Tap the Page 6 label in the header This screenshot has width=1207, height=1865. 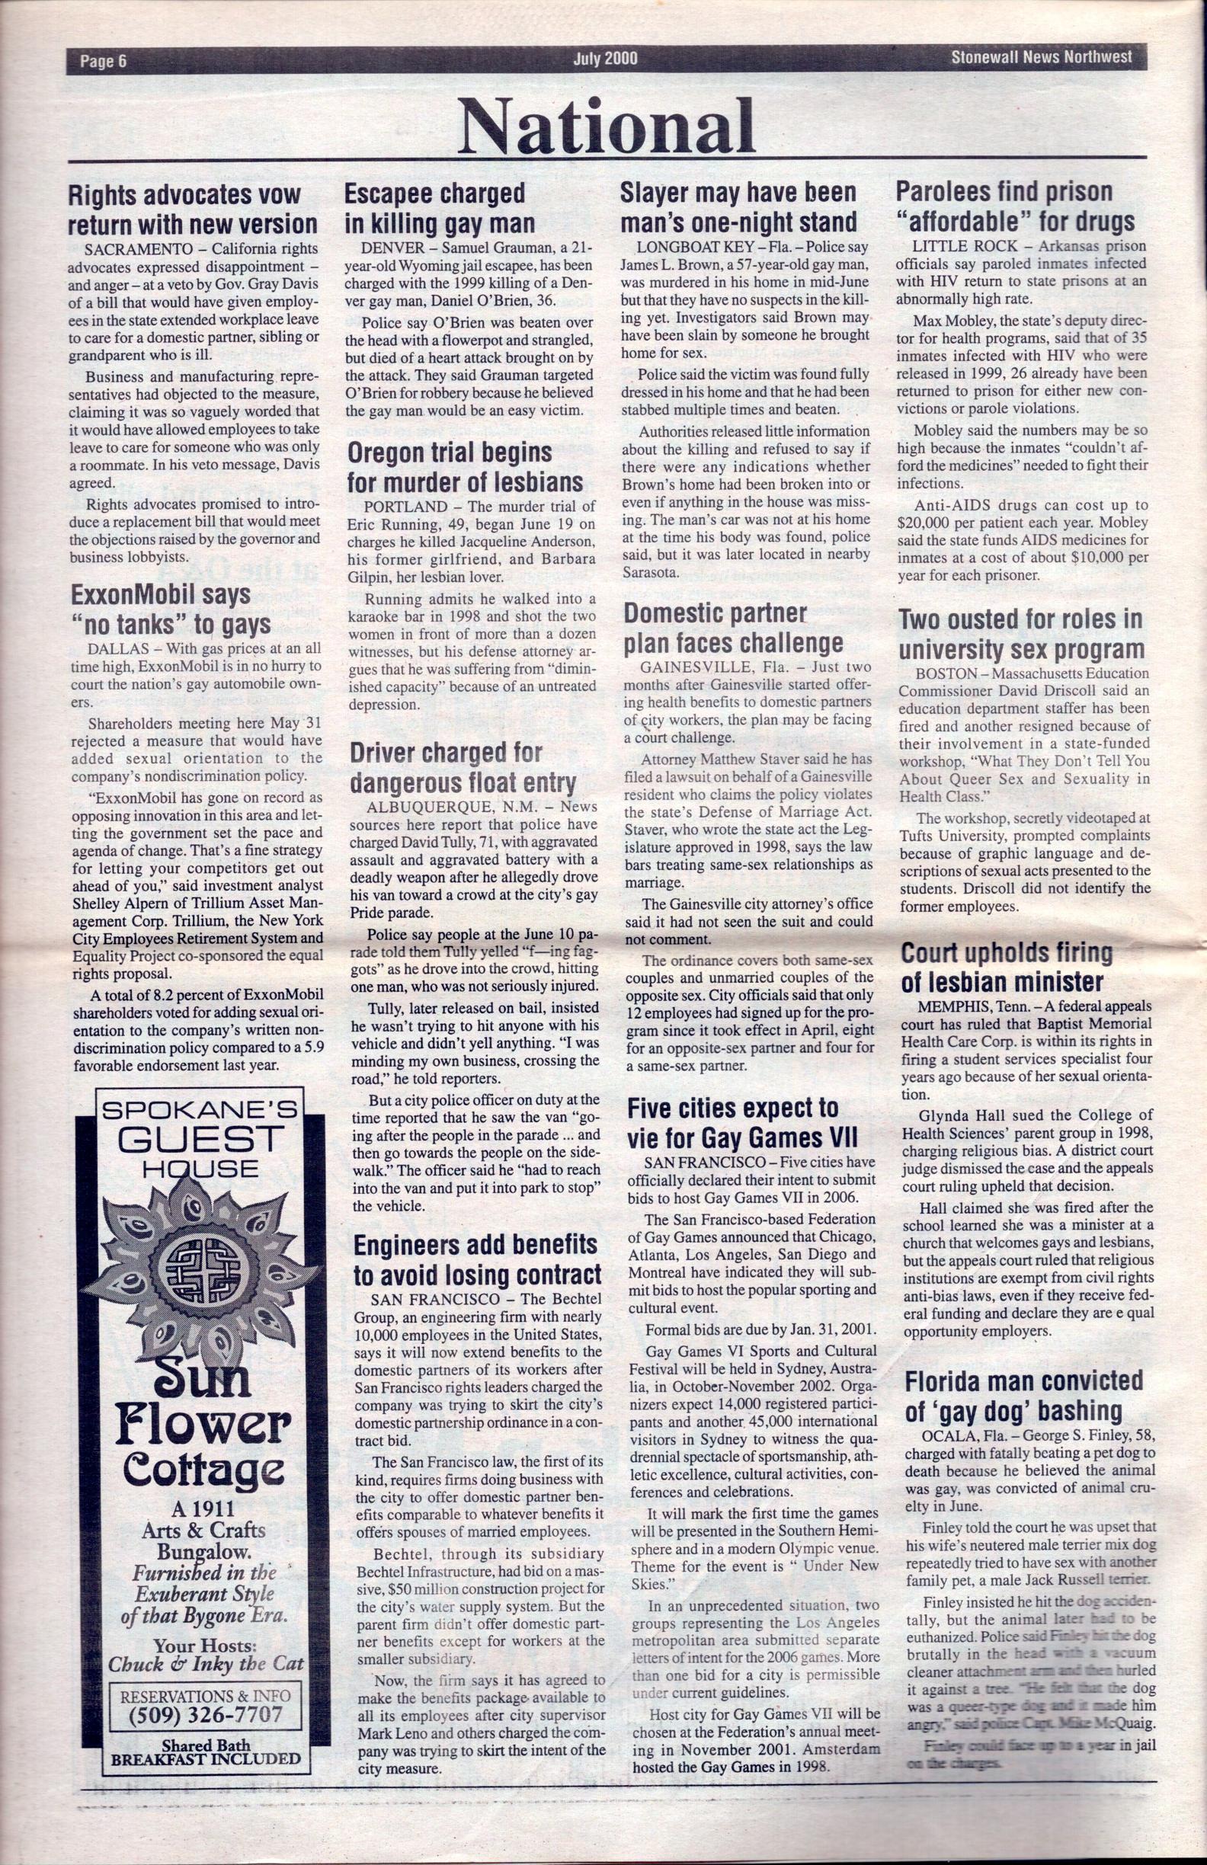click(103, 60)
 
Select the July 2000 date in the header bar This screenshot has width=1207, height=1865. click(605, 59)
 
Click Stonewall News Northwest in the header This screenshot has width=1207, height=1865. click(1042, 57)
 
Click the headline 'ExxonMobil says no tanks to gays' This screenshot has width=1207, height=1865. click(170, 609)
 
